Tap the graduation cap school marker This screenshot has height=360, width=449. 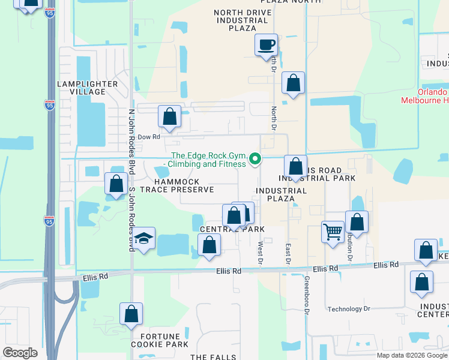[144, 239]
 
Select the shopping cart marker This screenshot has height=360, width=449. [333, 230]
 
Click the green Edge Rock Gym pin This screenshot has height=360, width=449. [255, 159]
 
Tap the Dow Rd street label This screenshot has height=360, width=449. [149, 137]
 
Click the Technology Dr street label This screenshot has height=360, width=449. [349, 309]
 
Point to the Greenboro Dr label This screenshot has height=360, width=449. [306, 295]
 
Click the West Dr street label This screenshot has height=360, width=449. [261, 252]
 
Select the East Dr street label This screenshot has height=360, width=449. [288, 253]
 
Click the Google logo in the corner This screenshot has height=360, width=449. [20, 353]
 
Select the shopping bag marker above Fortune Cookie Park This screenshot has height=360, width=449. [131, 314]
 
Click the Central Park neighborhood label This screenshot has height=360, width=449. [232, 229]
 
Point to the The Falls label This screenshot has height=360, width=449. [213, 356]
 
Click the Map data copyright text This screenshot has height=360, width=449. [412, 355]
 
